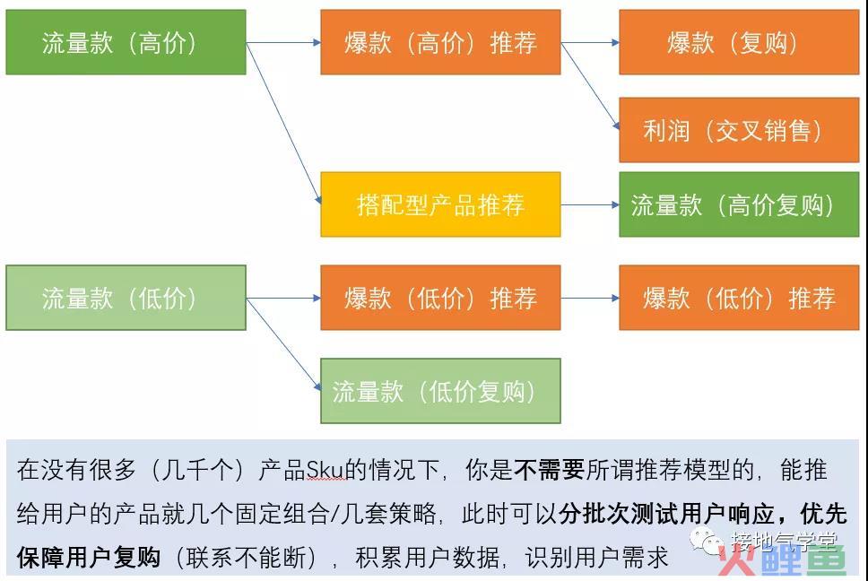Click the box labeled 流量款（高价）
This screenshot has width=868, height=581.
[x=126, y=42]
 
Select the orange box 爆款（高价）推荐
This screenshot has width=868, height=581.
[x=440, y=42]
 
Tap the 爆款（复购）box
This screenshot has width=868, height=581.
[x=739, y=42]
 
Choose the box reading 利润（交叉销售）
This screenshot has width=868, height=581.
[x=739, y=130]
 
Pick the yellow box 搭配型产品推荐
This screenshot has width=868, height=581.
[x=440, y=204]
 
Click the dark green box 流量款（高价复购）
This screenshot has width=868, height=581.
[x=739, y=204]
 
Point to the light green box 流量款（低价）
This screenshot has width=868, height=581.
[x=126, y=298]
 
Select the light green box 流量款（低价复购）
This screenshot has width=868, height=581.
[x=440, y=391]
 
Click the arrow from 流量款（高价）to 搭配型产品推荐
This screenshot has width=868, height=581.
[x=283, y=124]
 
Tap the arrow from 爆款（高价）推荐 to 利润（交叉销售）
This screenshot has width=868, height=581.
[x=590, y=86]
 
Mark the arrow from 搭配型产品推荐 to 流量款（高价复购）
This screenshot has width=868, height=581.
[x=590, y=204]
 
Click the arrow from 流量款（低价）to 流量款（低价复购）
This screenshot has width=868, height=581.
[x=283, y=344]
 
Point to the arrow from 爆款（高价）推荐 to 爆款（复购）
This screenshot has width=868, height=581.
[x=590, y=42]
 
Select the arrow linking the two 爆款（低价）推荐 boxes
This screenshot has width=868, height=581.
[x=590, y=298]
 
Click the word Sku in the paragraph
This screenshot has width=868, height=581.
[x=326, y=471]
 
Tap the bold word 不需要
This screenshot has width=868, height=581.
[x=549, y=470]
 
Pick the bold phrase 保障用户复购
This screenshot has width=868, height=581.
[x=89, y=557]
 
